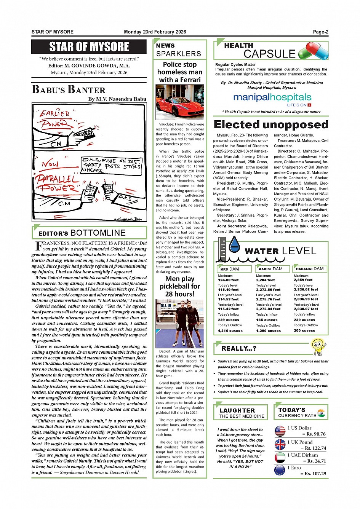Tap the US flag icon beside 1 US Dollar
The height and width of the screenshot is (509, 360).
pyautogui.click(x=280, y=431)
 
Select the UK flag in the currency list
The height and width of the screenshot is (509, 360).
pyautogui.click(x=280, y=445)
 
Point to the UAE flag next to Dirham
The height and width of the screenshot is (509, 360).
pyautogui.click(x=280, y=457)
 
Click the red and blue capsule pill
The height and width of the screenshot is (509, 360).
pyautogui.click(x=313, y=51)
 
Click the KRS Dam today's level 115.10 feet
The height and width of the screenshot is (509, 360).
pyautogui.click(x=228, y=290)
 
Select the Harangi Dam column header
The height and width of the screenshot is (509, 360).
pyautogui.click(x=309, y=269)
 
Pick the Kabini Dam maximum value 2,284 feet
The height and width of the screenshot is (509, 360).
pyautogui.click(x=265, y=280)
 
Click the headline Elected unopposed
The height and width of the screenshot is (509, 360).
pyautogui.click(x=271, y=125)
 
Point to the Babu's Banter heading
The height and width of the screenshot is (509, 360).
pyautogui.click(x=69, y=90)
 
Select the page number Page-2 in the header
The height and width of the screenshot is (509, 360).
pyautogui.click(x=320, y=32)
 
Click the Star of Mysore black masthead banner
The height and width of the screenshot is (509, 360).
pyautogui.click(x=89, y=47)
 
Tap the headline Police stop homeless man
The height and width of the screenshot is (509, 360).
pyautogui.click(x=179, y=72)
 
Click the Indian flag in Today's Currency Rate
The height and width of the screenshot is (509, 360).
pyautogui.click(x=321, y=413)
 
